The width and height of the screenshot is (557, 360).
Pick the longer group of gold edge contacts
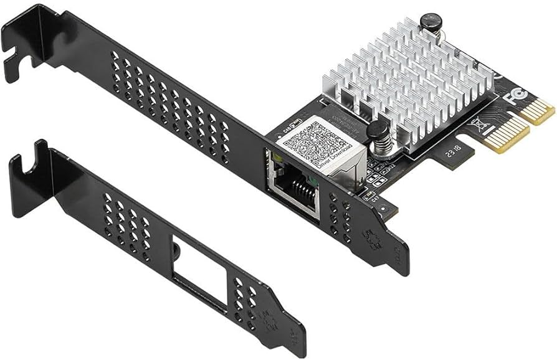point(506,135)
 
